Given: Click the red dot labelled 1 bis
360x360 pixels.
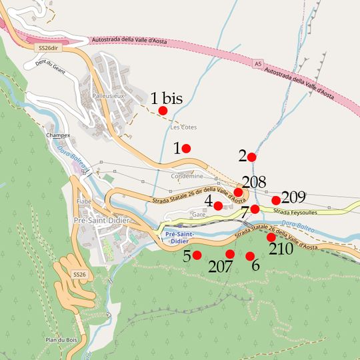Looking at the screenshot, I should (x=163, y=111).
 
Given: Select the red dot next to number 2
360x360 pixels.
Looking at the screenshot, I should (x=251, y=157).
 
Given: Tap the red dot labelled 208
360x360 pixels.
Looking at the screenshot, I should (x=238, y=192).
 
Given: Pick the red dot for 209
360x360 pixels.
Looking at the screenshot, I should (x=276, y=201).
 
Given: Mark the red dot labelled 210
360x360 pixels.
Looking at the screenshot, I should (x=271, y=237).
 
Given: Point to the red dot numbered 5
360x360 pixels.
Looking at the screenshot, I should (x=197, y=255).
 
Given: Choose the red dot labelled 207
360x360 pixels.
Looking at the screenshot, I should (x=230, y=254).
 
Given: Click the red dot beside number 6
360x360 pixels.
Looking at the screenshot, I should (x=250, y=257).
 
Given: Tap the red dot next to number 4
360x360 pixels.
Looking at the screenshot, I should (x=218, y=205).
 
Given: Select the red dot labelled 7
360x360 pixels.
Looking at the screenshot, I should (x=255, y=209).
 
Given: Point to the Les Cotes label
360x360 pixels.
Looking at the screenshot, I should (x=183, y=127).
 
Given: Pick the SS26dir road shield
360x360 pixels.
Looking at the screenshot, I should (x=46, y=48).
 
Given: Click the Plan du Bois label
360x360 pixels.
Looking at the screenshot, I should (x=59, y=341).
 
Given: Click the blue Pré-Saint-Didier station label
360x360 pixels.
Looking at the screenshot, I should (x=179, y=238).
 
